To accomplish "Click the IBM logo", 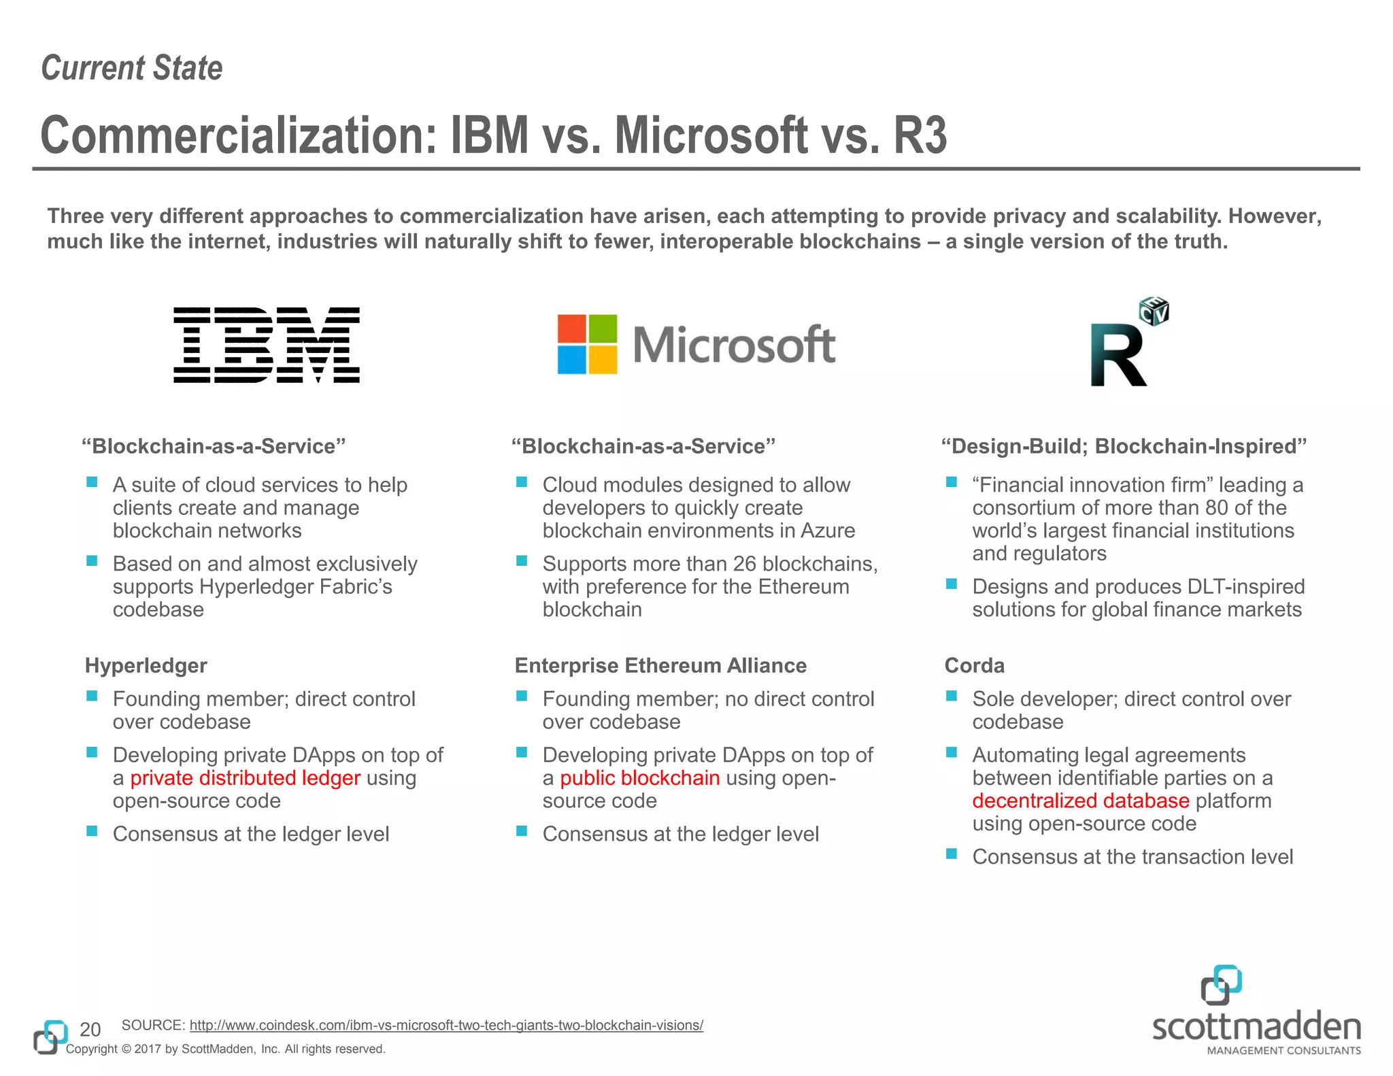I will point(267,345).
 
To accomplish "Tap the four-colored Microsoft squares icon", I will point(587,344).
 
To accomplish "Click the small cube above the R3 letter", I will point(1154,311).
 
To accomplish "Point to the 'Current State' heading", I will point(132,68).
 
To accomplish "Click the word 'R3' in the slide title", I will point(920,135).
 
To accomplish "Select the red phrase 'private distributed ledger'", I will point(245,777).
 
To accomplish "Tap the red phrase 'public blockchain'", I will point(639,777).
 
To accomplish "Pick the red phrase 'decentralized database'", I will point(1080,801).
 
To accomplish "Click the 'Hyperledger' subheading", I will point(146,665).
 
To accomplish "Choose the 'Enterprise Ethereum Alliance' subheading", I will point(660,665).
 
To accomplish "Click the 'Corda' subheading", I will point(974,665).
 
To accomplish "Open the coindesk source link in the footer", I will point(446,1025).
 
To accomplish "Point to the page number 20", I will point(90,1029).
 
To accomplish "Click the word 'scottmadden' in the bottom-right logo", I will point(1256,1026).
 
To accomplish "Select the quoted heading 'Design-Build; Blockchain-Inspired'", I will point(1124,446).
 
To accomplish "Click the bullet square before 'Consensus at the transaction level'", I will point(952,854).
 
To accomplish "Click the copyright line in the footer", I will point(225,1049).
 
